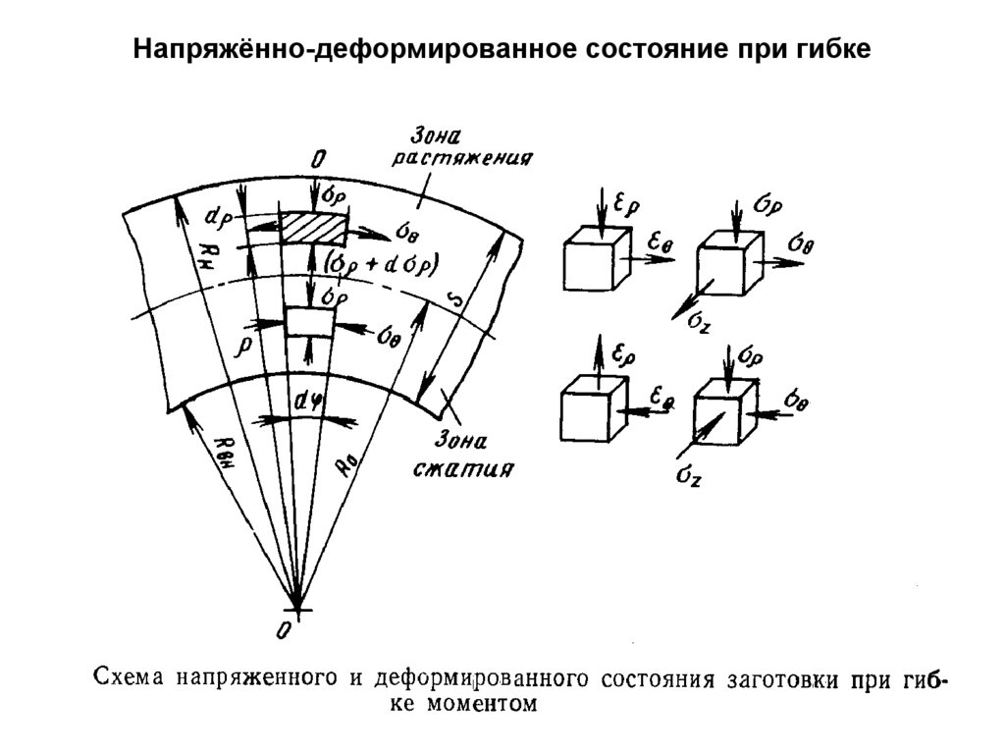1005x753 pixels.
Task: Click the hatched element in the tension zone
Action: tap(313, 228)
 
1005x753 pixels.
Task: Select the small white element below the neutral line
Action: tap(309, 321)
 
